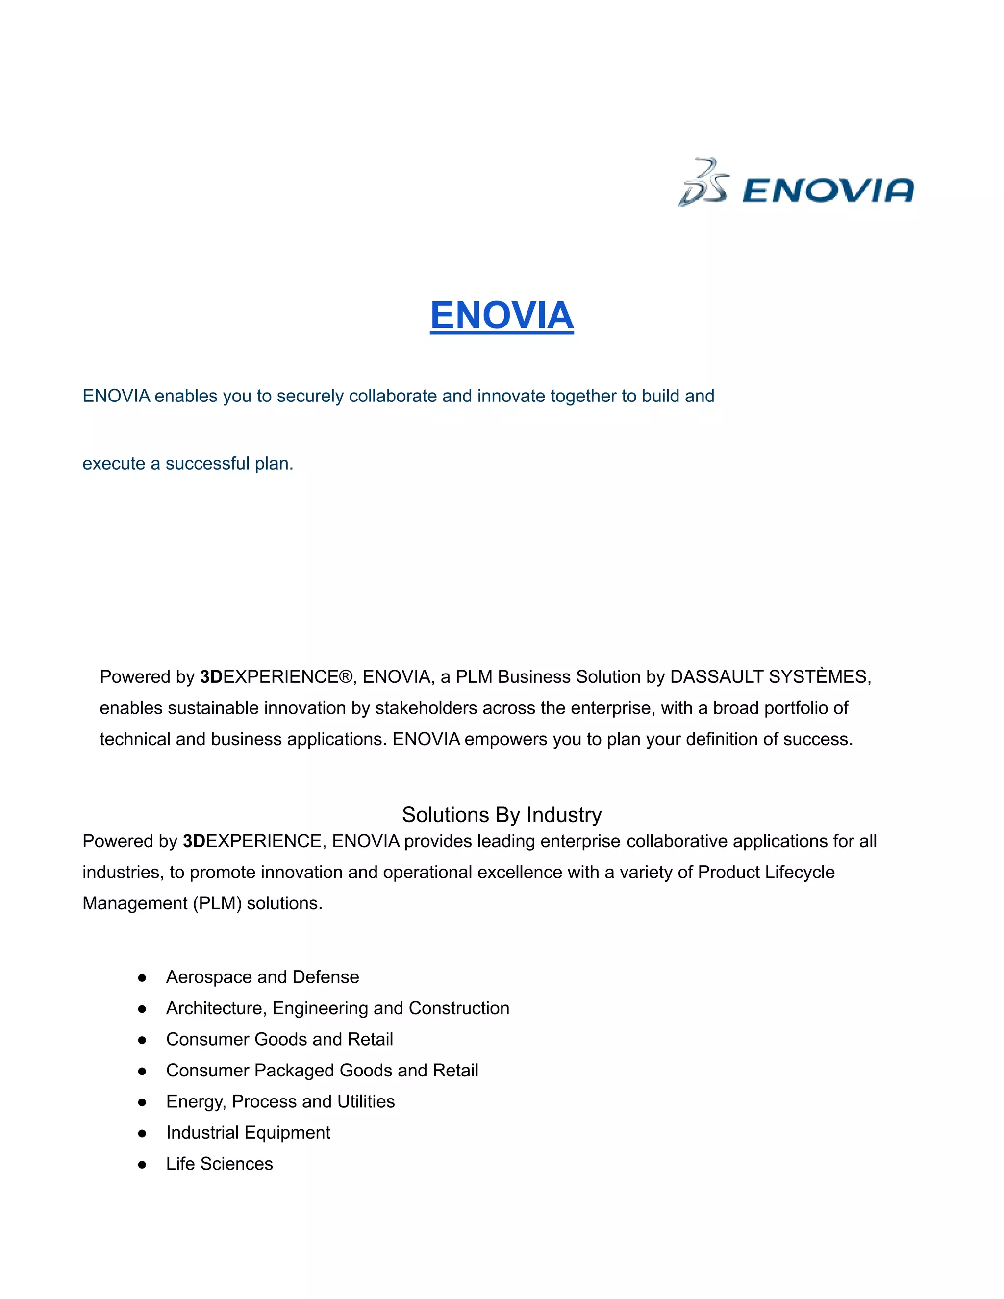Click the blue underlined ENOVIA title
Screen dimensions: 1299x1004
[502, 315]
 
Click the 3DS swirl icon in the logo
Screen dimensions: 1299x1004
[703, 183]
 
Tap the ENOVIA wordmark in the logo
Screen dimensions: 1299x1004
[828, 191]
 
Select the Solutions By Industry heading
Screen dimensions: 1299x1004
[502, 814]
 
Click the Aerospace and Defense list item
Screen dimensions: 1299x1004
[262, 977]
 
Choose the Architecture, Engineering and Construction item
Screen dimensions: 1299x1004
[337, 1008]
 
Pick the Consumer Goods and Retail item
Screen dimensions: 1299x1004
[279, 1039]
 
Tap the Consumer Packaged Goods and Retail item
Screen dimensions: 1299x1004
[322, 1070]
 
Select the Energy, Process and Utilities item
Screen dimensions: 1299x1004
[280, 1101]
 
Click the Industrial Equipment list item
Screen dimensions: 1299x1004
[248, 1132]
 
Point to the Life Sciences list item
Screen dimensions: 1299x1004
[220, 1163]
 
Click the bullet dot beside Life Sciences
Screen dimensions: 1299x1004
[142, 1165]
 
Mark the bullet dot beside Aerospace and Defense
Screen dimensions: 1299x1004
[142, 978]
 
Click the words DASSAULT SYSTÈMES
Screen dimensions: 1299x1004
[770, 677]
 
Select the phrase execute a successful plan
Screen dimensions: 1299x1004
[188, 463]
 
